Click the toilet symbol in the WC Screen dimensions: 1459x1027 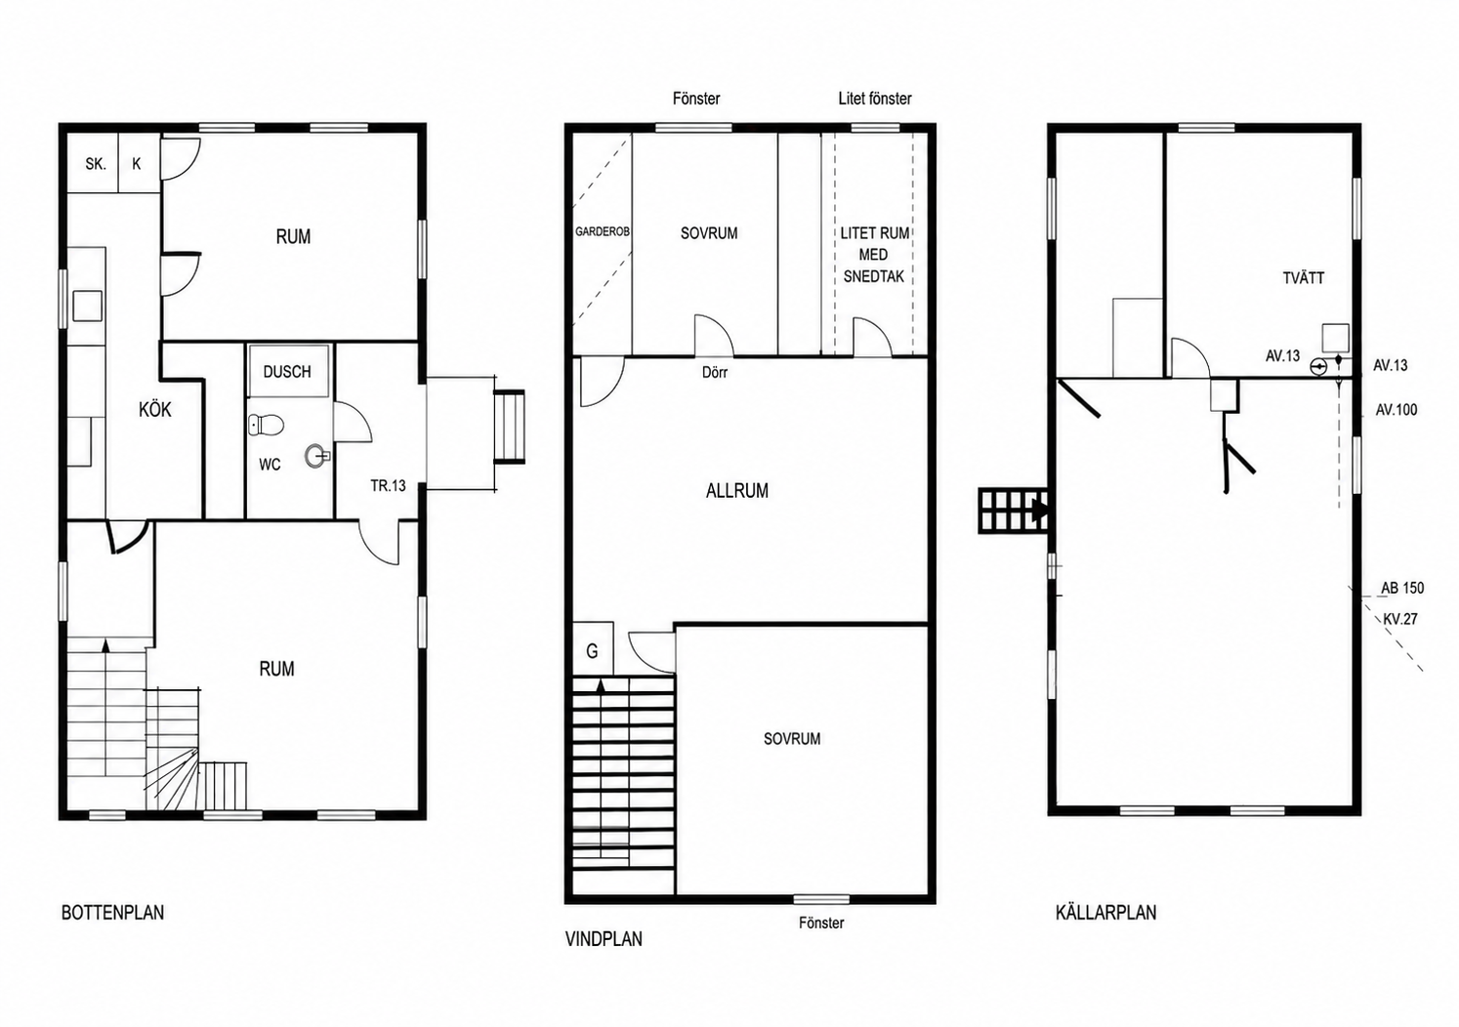(x=266, y=426)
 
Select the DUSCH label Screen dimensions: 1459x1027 (x=287, y=372)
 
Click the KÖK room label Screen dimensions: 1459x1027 (x=155, y=410)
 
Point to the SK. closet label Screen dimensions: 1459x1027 (x=96, y=164)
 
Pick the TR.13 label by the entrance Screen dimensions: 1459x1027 (x=389, y=486)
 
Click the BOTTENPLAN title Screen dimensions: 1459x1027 (x=112, y=913)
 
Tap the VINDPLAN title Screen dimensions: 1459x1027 (x=604, y=939)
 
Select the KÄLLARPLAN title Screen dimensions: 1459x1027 (x=1106, y=913)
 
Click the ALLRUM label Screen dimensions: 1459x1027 (x=737, y=490)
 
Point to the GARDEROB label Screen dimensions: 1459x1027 (x=603, y=231)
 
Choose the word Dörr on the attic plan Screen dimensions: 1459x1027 (x=715, y=373)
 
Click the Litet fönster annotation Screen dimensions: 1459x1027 (x=875, y=99)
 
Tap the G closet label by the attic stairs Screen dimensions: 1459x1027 (x=592, y=650)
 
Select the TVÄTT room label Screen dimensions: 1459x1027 (x=1304, y=278)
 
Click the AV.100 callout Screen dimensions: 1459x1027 (x=1396, y=410)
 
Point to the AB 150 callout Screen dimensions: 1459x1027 (x=1402, y=588)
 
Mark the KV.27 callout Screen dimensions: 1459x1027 (x=1400, y=619)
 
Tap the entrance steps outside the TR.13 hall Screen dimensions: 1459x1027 (x=510, y=427)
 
